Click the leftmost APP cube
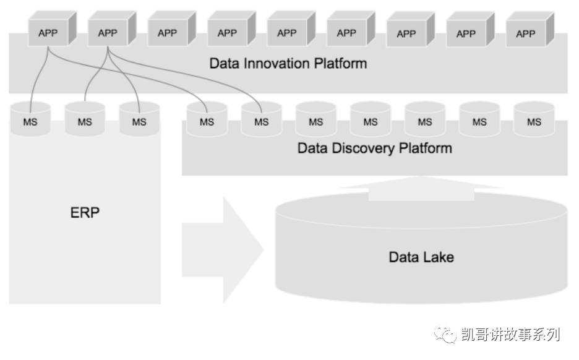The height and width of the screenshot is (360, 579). point(48,32)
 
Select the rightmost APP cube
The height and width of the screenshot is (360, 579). point(525,33)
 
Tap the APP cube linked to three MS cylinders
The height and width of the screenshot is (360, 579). point(108,32)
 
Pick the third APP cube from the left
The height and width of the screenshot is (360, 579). point(167,32)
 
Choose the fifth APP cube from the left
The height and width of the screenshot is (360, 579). point(286,32)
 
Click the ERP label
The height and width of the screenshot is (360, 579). point(85,213)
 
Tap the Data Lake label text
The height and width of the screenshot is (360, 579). point(421,257)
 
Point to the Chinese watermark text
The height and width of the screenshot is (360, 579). point(511,335)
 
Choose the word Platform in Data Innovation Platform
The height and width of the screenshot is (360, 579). point(340,63)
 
